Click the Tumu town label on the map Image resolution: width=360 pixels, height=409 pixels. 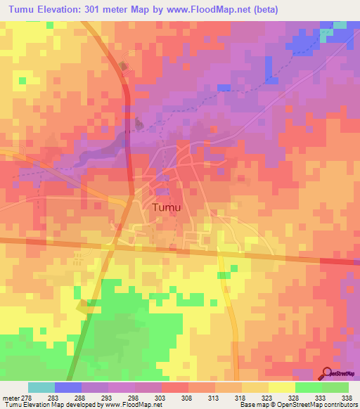[x=167, y=208]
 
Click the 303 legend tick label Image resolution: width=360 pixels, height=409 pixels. [x=167, y=398]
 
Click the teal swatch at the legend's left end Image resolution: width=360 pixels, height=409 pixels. [x=41, y=387]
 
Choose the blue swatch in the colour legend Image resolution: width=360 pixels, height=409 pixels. [x=68, y=387]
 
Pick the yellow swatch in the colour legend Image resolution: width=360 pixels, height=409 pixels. [x=282, y=387]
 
